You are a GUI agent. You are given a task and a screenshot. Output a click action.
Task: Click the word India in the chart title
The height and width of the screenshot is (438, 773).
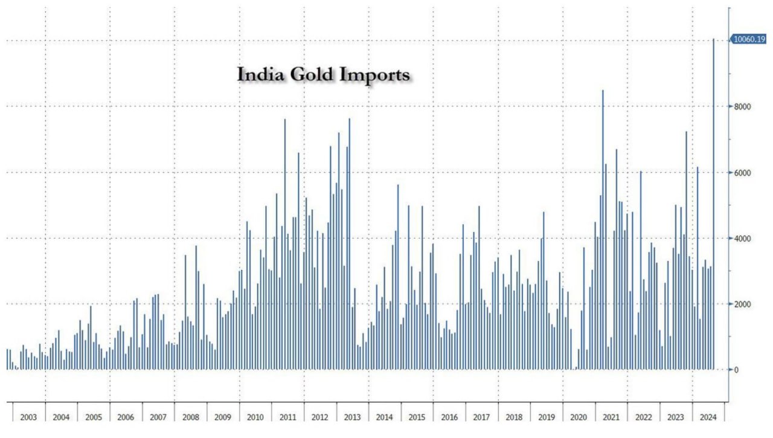pos(255,74)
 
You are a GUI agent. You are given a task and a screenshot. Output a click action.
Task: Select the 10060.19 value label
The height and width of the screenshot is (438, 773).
pos(749,39)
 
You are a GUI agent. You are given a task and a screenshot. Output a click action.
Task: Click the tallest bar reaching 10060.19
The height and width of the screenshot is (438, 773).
pos(714,205)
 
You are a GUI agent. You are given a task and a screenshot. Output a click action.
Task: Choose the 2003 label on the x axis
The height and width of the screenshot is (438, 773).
pos(28,417)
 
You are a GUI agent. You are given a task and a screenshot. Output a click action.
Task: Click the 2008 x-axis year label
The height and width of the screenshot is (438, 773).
pos(190,417)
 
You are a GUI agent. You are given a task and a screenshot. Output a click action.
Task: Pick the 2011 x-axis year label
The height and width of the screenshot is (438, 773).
pos(287,417)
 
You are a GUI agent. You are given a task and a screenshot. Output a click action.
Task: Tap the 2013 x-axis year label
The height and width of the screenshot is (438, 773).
pos(352,417)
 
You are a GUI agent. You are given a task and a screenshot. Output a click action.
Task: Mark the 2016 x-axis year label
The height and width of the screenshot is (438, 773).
pos(449,417)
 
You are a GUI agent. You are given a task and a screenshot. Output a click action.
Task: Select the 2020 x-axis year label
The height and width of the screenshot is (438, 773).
pos(579,417)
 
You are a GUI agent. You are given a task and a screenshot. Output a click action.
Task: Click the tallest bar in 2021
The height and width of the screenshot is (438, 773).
pos(603,230)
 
